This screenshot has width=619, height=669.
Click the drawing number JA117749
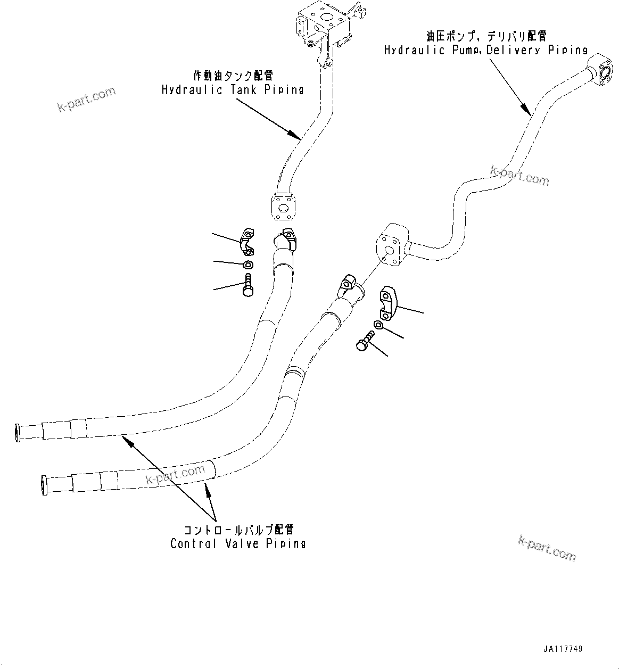tap(563, 649)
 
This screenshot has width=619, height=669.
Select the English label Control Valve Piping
tap(238, 543)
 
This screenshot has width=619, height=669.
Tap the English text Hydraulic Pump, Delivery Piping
tap(485, 50)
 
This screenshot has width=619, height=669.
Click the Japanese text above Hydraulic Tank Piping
tap(233, 76)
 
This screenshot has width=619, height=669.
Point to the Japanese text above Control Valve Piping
tap(238, 530)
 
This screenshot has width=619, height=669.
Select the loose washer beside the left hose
tap(248, 265)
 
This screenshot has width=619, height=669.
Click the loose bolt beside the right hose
tap(365, 341)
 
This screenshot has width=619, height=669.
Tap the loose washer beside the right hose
tap(378, 325)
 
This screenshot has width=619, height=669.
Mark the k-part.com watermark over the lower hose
tap(175, 475)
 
